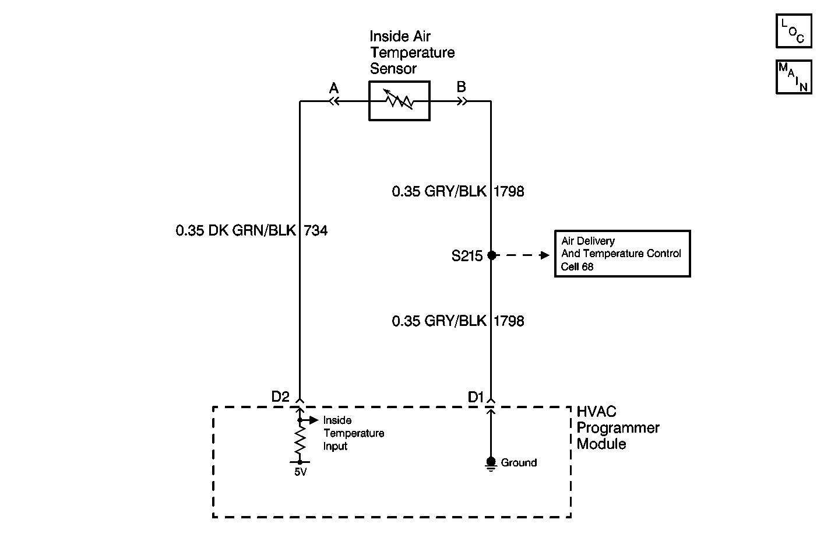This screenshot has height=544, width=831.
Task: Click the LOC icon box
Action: tap(793, 31)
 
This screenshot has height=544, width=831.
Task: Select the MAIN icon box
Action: tap(793, 77)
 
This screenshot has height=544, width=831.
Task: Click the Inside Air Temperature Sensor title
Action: tap(411, 52)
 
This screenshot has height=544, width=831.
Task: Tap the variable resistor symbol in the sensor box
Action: tap(399, 101)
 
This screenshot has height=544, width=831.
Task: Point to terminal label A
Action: tap(334, 88)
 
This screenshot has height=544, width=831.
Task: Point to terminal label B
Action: tap(461, 87)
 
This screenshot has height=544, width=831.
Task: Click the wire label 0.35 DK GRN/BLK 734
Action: tap(252, 231)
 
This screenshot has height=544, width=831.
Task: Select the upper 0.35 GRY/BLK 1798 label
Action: tap(458, 191)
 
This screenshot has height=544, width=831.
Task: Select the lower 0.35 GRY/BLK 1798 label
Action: tap(458, 321)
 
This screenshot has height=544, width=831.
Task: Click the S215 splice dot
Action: tap(491, 255)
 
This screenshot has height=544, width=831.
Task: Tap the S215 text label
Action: tap(467, 256)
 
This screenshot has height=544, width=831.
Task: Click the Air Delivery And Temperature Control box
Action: tap(622, 254)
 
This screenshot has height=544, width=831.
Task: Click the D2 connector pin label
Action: tap(280, 396)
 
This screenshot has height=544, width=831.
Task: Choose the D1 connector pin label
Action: tap(476, 397)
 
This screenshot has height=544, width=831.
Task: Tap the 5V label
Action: tap(300, 472)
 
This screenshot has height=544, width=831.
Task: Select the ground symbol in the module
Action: tap(491, 464)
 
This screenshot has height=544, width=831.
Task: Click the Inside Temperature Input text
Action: tap(353, 433)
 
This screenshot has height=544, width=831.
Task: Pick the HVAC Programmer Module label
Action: tap(618, 428)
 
